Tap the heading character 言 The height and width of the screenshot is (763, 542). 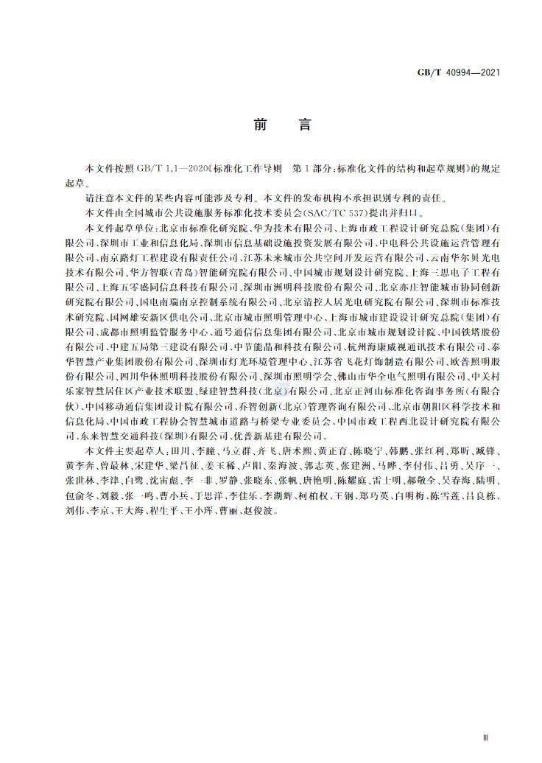(304, 125)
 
